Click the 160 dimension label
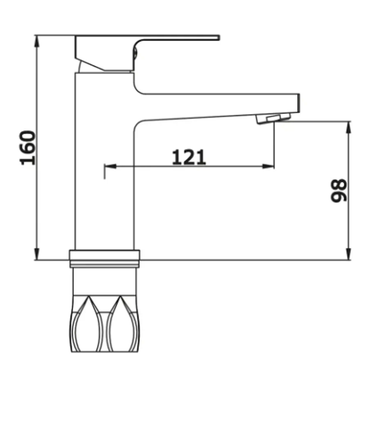pyautogui.click(x=28, y=148)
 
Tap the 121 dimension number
pyautogui.click(x=189, y=157)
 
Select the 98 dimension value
pyautogui.click(x=339, y=190)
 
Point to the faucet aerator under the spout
pyautogui.click(x=274, y=118)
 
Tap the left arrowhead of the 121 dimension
pyautogui.click(x=110, y=166)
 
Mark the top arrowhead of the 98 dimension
pyautogui.click(x=348, y=127)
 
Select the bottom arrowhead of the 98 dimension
pyautogui.click(x=348, y=254)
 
